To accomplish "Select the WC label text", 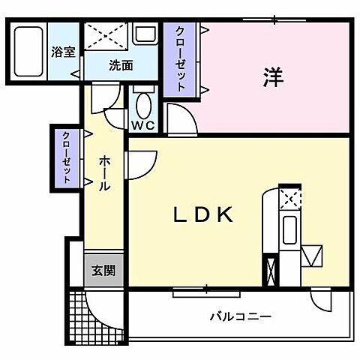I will pos(143,124).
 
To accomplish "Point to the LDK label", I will pos(204,215).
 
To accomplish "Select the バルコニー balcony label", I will pos(240,316).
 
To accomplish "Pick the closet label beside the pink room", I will pos(181,57).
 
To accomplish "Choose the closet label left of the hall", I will pos(66,157).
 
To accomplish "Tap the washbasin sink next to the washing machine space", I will pos(144,34).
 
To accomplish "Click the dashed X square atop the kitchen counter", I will pos(289,199).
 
